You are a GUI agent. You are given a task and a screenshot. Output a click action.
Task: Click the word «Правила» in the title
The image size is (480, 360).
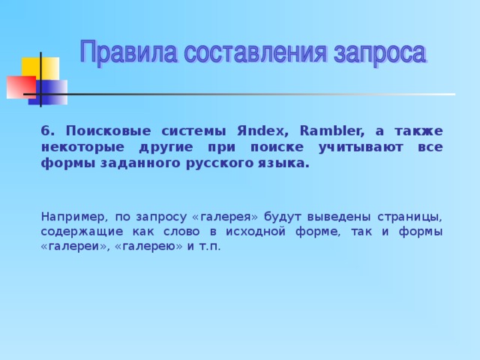(x=128, y=54)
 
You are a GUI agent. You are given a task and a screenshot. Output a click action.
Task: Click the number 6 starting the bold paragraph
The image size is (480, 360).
(x=46, y=129)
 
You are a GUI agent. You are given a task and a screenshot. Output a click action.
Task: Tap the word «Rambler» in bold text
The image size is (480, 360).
(x=331, y=129)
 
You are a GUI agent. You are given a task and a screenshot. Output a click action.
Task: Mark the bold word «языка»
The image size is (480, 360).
(x=280, y=162)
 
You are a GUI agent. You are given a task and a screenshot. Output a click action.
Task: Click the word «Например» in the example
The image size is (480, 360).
(x=73, y=216)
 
